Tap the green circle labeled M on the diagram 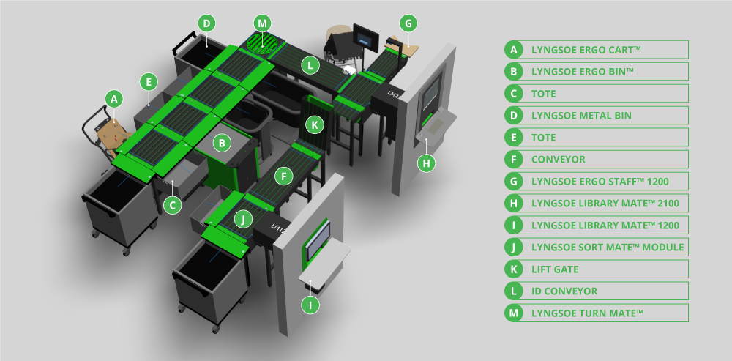[x=262, y=23]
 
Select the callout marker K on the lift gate [x=315, y=124]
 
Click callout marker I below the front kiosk [x=312, y=304]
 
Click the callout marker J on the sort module [x=244, y=219]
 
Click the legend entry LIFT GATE [x=555, y=269]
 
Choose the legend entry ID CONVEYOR [x=564, y=291]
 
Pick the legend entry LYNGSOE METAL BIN [x=581, y=115]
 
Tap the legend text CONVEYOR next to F [x=559, y=159]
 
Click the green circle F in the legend [x=515, y=159]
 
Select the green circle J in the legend [x=515, y=247]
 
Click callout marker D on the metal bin [x=207, y=23]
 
